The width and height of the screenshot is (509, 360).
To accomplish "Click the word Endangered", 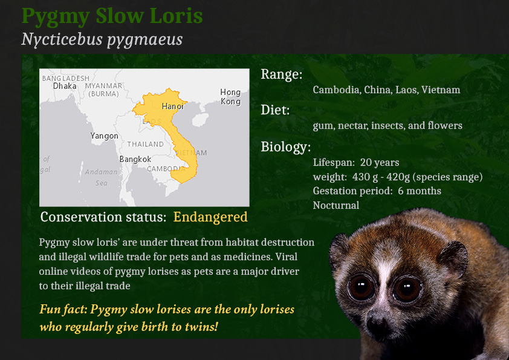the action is (210, 217).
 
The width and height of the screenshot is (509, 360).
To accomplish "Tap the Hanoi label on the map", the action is (173, 106).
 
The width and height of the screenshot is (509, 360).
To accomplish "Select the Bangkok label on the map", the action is (135, 159).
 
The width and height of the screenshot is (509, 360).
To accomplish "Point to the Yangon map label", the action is (104, 136).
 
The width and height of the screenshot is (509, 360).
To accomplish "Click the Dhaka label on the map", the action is (65, 86).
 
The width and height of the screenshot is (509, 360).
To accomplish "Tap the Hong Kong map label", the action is (230, 97).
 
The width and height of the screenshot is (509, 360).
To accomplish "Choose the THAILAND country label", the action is (146, 144).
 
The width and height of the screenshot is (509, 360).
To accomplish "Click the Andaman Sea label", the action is (101, 177).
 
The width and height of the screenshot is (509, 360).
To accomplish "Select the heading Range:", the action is (282, 74).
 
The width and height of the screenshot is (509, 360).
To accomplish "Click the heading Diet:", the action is (275, 110).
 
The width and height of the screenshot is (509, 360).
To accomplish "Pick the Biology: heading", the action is (286, 147).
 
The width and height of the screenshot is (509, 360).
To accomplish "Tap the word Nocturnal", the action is (336, 205).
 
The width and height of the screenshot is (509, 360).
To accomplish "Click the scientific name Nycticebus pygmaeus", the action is (102, 40).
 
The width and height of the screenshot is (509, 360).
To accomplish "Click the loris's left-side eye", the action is (361, 287).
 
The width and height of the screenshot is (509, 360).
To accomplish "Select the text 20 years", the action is (380, 163).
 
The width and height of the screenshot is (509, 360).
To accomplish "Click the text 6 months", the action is (420, 191).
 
